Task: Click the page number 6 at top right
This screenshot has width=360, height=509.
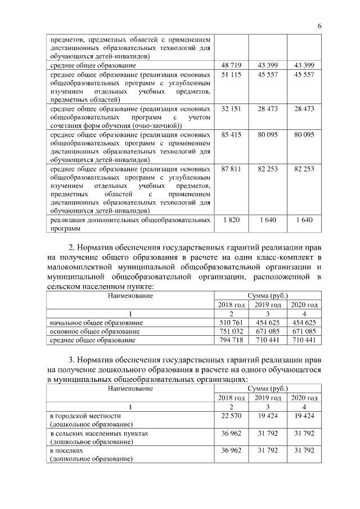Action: tap(319, 26)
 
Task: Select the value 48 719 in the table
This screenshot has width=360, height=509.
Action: tap(231, 66)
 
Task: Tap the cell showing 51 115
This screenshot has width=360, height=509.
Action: tap(231, 75)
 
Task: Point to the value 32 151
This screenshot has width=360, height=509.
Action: tap(231, 109)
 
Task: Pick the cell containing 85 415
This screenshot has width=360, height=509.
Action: tap(231, 135)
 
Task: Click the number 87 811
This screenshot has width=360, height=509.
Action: tap(231, 169)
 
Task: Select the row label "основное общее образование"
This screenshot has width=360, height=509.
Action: tap(95, 331)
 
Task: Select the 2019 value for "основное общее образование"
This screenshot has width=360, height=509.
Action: tap(268, 331)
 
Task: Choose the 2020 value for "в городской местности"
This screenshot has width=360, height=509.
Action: tap(304, 416)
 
